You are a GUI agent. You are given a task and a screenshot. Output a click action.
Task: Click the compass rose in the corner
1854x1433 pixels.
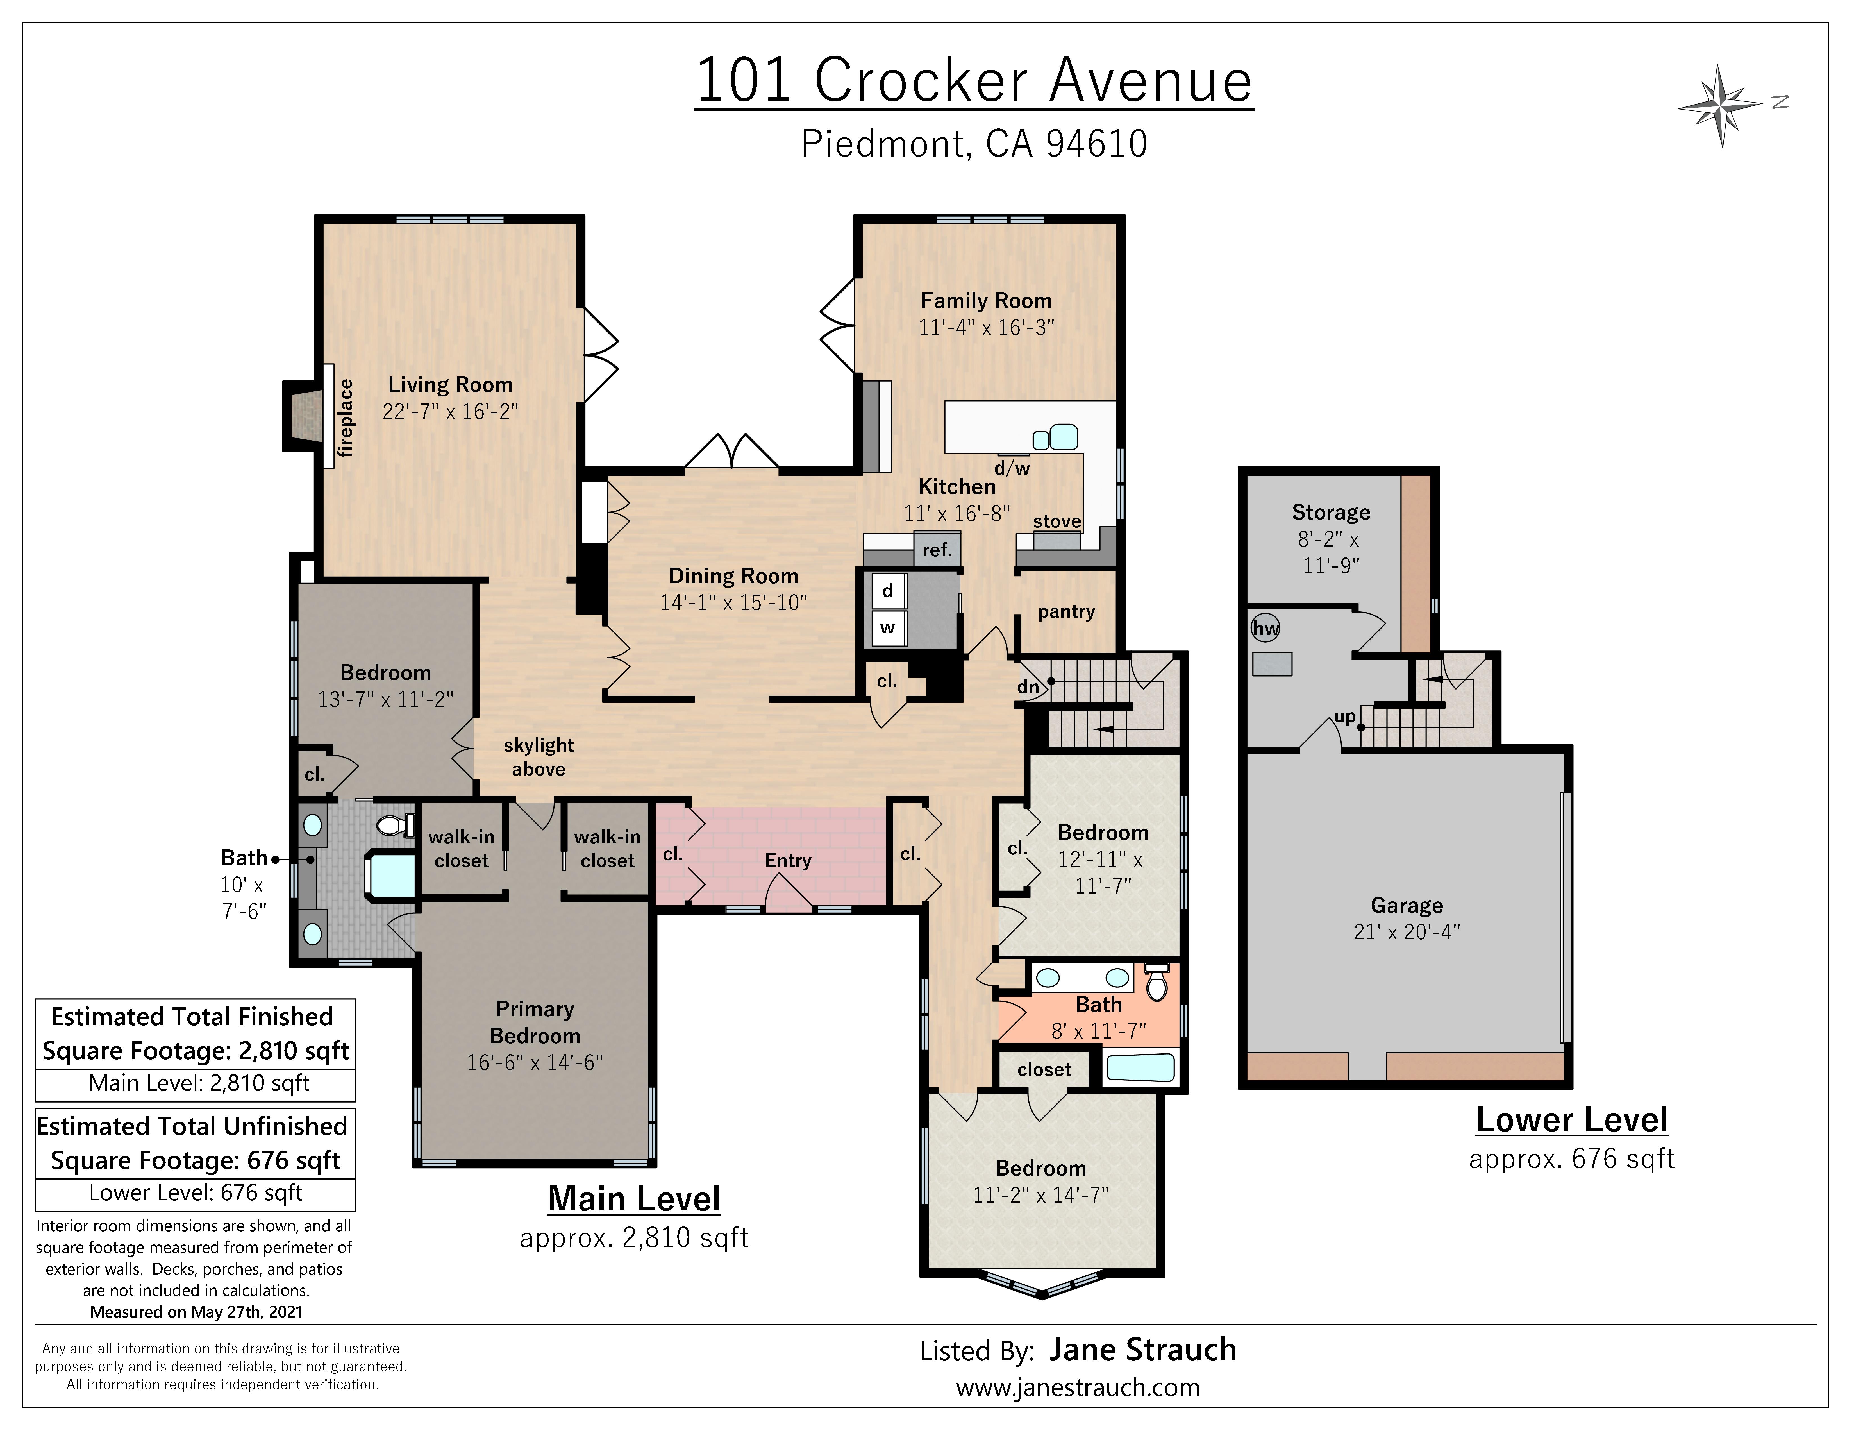[x=1720, y=106]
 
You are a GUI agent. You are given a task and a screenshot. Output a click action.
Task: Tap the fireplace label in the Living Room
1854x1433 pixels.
[x=346, y=418]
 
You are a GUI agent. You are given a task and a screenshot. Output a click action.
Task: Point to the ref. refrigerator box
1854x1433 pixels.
[x=937, y=549]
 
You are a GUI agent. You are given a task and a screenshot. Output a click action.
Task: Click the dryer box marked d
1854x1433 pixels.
[x=887, y=591]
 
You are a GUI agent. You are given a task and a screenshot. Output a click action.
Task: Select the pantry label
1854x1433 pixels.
[x=1066, y=611]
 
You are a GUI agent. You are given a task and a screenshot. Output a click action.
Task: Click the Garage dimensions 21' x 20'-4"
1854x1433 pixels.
[x=1407, y=931]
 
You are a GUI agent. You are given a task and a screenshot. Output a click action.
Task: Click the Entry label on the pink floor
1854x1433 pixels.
[x=788, y=860]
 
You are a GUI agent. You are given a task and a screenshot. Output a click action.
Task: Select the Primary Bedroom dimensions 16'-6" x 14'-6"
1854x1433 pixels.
[x=535, y=1062]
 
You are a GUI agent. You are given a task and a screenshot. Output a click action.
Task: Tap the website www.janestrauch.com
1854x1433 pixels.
[x=1077, y=1387]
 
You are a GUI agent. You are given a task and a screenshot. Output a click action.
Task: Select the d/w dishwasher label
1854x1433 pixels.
[x=1012, y=468]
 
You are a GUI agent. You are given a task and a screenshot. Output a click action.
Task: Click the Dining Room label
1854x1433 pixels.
[x=733, y=575]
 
